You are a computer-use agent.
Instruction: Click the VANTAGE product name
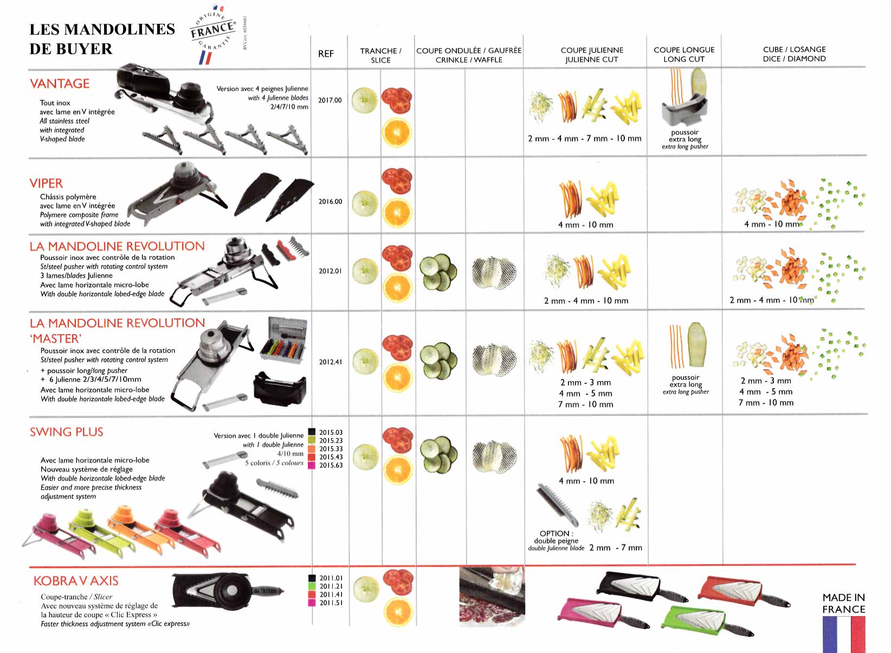coord(60,84)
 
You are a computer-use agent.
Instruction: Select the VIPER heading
coord(46,183)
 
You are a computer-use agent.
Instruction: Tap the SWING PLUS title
coord(67,432)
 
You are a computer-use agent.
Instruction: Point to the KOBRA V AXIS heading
coord(76,581)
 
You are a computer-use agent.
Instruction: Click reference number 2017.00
coord(330,100)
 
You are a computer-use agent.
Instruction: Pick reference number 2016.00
coord(330,201)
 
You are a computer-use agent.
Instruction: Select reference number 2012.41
coord(331,362)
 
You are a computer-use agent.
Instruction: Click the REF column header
coord(326,54)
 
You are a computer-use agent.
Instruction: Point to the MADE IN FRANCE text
coord(844,603)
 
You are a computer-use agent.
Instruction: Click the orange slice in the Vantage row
coord(397,132)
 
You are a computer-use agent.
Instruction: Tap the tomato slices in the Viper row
coord(397,181)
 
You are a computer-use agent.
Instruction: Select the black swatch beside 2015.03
coord(312,432)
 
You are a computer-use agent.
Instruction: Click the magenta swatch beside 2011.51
coord(312,603)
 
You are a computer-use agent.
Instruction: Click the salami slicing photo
coord(492,596)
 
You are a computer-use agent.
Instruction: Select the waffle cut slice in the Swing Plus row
coord(494,457)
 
